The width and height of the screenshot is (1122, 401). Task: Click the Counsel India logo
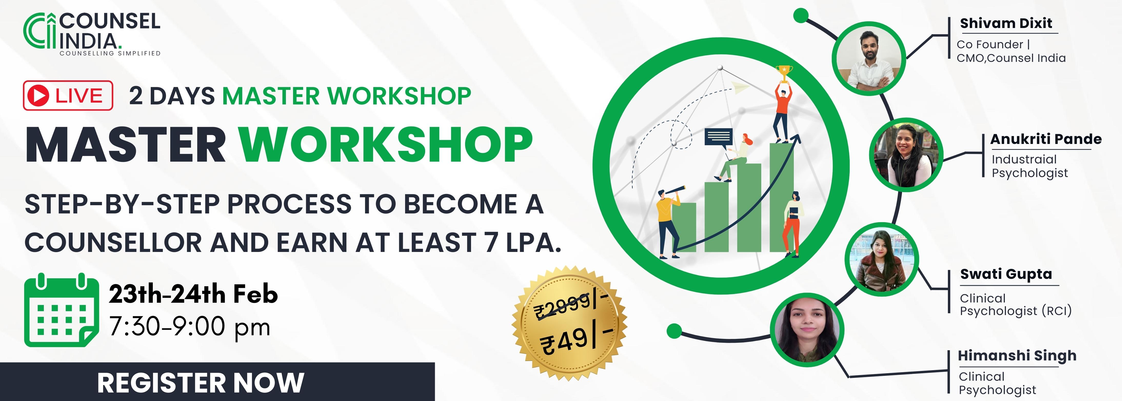click(92, 34)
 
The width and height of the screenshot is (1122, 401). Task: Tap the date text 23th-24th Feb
click(193, 294)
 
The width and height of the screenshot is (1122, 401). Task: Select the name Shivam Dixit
click(1006, 23)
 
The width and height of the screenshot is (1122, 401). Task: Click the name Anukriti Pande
click(1046, 139)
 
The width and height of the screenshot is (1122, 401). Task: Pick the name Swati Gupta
click(1006, 274)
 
